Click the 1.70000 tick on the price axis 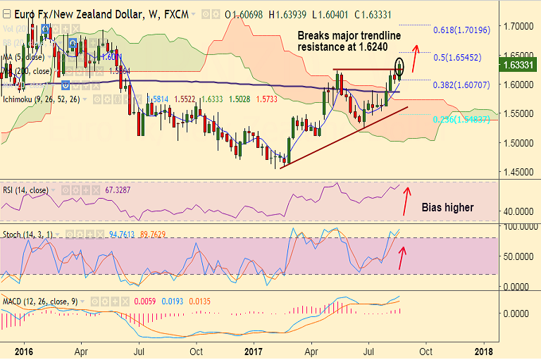[x=518, y=26]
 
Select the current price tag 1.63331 [x=519, y=66]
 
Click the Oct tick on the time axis [x=197, y=350]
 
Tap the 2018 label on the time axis [x=483, y=350]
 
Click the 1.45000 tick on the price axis [x=518, y=171]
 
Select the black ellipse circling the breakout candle [x=400, y=67]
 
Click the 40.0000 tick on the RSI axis [x=518, y=211]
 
